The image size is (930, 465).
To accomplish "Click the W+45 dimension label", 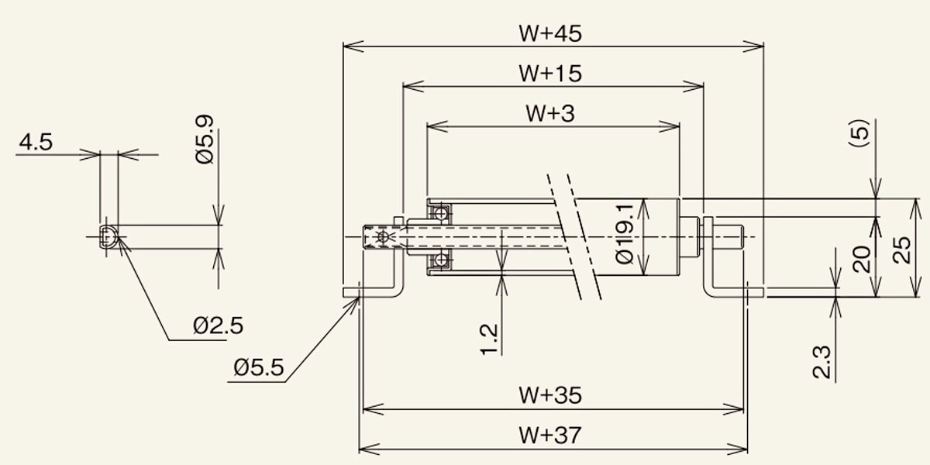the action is point(550,33).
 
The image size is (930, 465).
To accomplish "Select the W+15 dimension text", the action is point(550,74).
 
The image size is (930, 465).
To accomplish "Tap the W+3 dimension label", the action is point(550,113).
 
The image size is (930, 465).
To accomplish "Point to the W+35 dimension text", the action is point(550,395).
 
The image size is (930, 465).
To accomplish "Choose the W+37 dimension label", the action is point(550,435).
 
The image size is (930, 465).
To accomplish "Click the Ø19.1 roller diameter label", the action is point(625,234).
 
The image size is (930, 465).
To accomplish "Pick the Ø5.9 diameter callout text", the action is point(205,139).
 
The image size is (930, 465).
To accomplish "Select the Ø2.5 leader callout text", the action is point(218,326).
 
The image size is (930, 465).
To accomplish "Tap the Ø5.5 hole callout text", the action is point(259,368).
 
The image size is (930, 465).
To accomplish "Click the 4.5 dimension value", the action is point(36,143).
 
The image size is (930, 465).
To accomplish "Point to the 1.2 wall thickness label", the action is point(489,339).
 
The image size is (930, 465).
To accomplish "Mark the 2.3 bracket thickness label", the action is point(821,363).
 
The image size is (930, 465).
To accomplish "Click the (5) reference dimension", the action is point(859,133).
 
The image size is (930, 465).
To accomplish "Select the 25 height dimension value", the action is point(902,250).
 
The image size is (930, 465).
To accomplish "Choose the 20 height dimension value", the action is point(862,260).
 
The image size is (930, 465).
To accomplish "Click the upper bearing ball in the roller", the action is point(441,214).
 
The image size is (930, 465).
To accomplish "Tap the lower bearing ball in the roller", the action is point(441,260).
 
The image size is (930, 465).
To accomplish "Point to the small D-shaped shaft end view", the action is point(108,237).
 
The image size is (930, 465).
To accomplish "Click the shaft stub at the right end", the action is point(728,237).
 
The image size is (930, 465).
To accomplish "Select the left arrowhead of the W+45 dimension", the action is point(353,46).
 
